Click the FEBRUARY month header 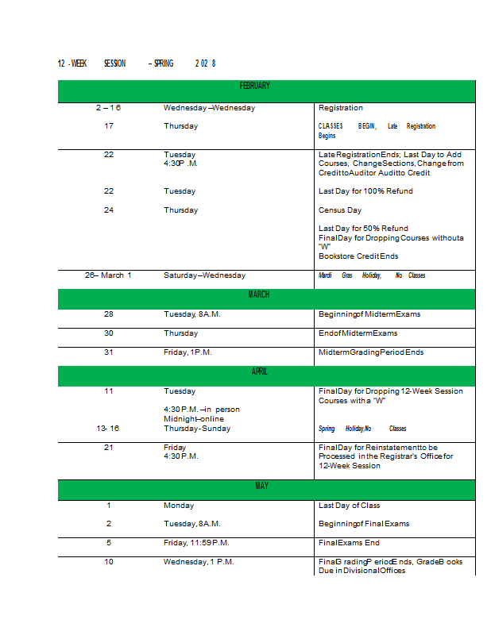click(x=255, y=86)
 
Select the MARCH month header click(x=258, y=294)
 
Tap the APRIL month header click(x=259, y=371)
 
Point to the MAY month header click(x=261, y=486)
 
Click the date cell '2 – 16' click(x=108, y=108)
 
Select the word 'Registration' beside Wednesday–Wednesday click(x=340, y=108)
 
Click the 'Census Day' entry click(x=339, y=210)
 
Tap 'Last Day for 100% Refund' click(x=365, y=191)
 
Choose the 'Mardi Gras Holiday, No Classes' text click(x=371, y=275)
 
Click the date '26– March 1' click(x=108, y=275)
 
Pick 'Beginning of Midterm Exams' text click(x=369, y=314)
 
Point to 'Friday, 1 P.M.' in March click(x=188, y=352)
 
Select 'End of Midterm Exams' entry click(x=358, y=333)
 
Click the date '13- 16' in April click(x=108, y=429)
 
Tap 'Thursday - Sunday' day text click(x=197, y=429)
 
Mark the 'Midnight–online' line click(x=194, y=419)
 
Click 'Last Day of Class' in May click(x=349, y=506)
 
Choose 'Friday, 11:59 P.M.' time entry click(x=196, y=543)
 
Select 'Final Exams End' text click(x=349, y=543)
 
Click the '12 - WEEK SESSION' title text click(x=91, y=63)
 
